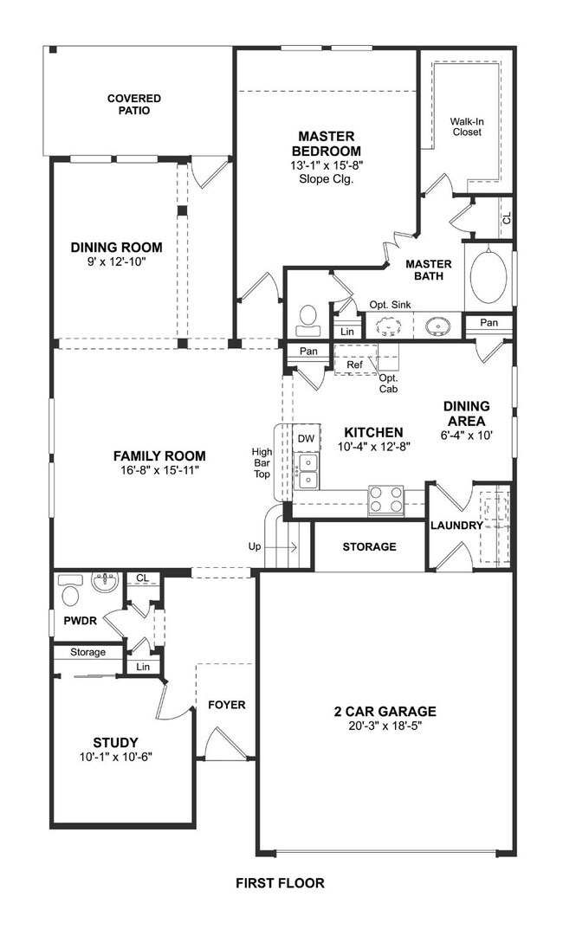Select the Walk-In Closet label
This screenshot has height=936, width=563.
pyautogui.click(x=466, y=127)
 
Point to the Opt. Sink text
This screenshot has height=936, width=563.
pyautogui.click(x=390, y=304)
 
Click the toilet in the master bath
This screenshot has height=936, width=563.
pyautogui.click(x=308, y=320)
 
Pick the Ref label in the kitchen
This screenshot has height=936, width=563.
pyautogui.click(x=354, y=365)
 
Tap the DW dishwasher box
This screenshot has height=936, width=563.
pyautogui.click(x=306, y=439)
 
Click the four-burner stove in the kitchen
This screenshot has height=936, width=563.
pyautogui.click(x=386, y=500)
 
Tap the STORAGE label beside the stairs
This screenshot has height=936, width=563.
pyautogui.click(x=369, y=547)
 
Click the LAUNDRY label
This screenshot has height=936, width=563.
pyautogui.click(x=456, y=526)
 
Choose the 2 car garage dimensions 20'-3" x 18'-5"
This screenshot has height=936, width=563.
pyautogui.click(x=385, y=727)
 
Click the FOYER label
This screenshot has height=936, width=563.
pyautogui.click(x=227, y=705)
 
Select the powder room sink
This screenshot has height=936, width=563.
pyautogui.click(x=105, y=582)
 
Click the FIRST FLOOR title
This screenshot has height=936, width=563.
pyautogui.click(x=280, y=884)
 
